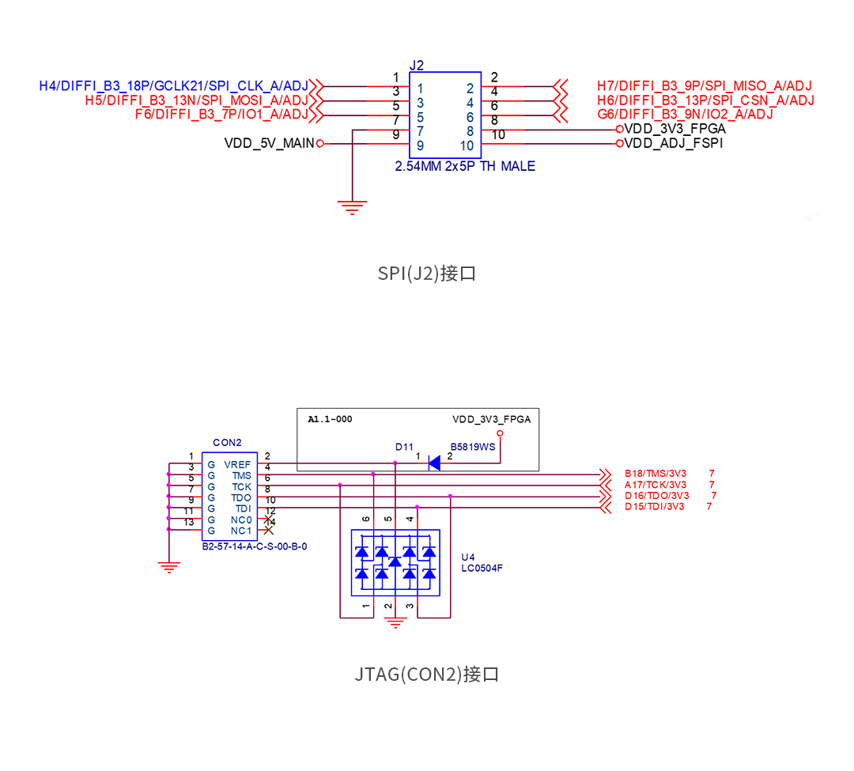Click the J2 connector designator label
pyautogui.click(x=417, y=65)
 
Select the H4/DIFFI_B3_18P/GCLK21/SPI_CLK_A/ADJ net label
pyautogui.click(x=173, y=86)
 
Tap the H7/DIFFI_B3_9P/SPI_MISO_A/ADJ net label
pyautogui.click(x=705, y=86)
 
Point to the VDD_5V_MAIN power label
pyautogui.click(x=269, y=143)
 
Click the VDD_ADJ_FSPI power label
pyautogui.click(x=673, y=143)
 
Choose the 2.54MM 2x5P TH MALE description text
pyautogui.click(x=465, y=166)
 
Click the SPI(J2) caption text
pyautogui.click(x=427, y=274)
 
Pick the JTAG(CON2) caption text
pyautogui.click(x=427, y=675)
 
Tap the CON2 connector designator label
pyautogui.click(x=227, y=442)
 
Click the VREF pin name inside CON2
pyautogui.click(x=237, y=465)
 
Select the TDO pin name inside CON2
pyautogui.click(x=241, y=498)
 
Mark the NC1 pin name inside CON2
pyautogui.click(x=241, y=531)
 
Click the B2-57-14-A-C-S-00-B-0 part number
pyautogui.click(x=254, y=546)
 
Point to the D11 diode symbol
pyautogui.click(x=433, y=463)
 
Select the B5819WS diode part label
pyautogui.click(x=472, y=447)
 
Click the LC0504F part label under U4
pyautogui.click(x=481, y=568)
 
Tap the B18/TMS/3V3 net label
pyautogui.click(x=656, y=474)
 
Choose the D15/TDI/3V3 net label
pyautogui.click(x=655, y=507)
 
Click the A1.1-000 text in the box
pyautogui.click(x=330, y=420)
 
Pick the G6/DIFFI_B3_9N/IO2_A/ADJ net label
pyautogui.click(x=686, y=115)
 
